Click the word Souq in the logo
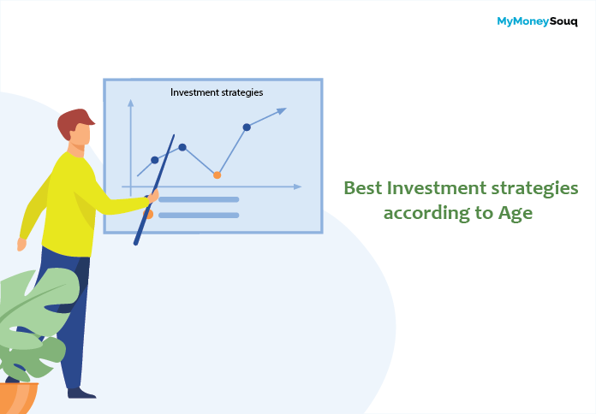tap(563, 21)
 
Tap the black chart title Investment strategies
tap(217, 92)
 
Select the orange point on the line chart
tap(217, 175)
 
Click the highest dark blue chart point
tap(247, 127)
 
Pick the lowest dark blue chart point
tap(155, 160)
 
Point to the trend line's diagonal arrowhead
tap(282, 110)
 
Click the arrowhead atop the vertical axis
tap(131, 103)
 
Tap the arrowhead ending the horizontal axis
tap(298, 186)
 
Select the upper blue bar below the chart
tap(199, 199)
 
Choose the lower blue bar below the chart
tap(199, 216)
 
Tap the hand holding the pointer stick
tap(152, 197)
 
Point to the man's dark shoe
tap(81, 393)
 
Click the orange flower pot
tap(18, 398)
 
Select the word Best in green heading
tap(363, 188)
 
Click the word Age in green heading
tap(516, 214)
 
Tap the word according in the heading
tap(426, 214)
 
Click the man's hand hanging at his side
tap(21, 245)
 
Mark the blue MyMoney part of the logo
tap(523, 22)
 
